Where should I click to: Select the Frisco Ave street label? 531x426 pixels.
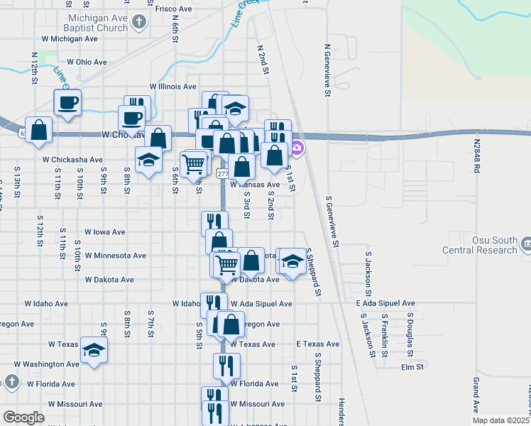[173, 9]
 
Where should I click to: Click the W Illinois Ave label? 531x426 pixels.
[173, 87]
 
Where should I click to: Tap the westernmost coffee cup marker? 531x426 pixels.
[67, 102]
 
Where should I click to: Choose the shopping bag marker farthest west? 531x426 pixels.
[39, 130]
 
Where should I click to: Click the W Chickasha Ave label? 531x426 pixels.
[72, 160]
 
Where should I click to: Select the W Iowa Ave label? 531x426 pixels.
[104, 231]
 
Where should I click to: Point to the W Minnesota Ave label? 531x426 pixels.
[115, 255]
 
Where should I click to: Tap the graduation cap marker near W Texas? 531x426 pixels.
[94, 350]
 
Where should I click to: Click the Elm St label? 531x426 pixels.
[412, 367]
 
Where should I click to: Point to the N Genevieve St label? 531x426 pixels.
[327, 71]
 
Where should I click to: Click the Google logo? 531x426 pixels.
[23, 417]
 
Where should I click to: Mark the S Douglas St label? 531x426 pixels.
[410, 332]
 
